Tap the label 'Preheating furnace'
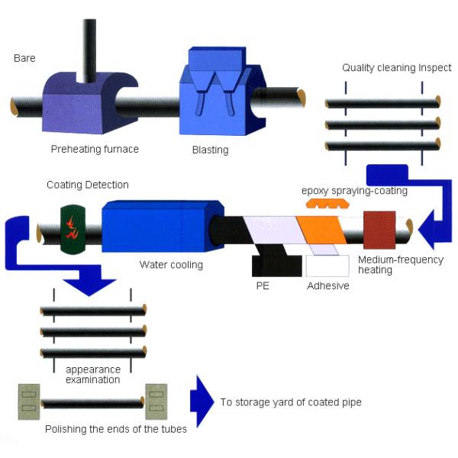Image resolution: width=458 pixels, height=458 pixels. point(95,149)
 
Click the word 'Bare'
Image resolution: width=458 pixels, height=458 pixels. point(24,58)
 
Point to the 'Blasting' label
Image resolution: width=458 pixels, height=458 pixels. point(210,150)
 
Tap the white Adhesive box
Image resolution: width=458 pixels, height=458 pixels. point(327,266)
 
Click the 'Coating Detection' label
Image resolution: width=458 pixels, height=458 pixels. point(88,185)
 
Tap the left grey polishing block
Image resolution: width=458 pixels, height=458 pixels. point(30,402)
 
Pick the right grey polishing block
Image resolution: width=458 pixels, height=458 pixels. point(156,402)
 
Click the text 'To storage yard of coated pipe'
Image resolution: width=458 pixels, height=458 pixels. point(291,402)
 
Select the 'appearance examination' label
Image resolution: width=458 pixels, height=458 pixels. point(92,374)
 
